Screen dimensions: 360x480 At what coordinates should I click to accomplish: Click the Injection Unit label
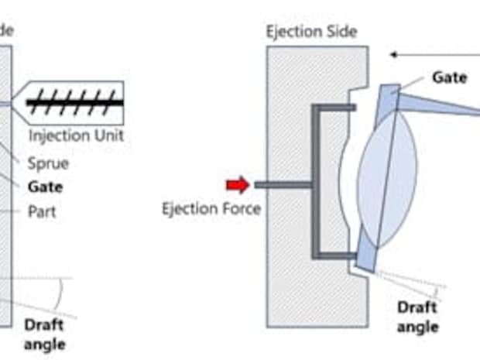point(76,136)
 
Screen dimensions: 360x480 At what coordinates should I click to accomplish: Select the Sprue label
point(49,163)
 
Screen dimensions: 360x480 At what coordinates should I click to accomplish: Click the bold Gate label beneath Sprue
point(45,187)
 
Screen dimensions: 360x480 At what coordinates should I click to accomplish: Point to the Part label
point(43,210)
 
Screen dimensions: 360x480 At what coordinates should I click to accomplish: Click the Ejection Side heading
point(311,32)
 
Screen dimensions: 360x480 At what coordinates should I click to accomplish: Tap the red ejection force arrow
point(238,184)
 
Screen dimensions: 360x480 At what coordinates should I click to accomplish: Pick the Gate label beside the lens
point(450,77)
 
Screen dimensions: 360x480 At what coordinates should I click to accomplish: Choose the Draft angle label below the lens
point(418,317)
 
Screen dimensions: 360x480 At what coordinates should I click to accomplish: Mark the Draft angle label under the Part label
point(45,334)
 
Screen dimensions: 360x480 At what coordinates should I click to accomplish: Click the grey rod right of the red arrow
point(283,184)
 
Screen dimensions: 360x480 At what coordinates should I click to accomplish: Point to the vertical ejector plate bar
point(316,182)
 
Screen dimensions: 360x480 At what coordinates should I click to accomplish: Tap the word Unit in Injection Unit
point(108,136)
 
